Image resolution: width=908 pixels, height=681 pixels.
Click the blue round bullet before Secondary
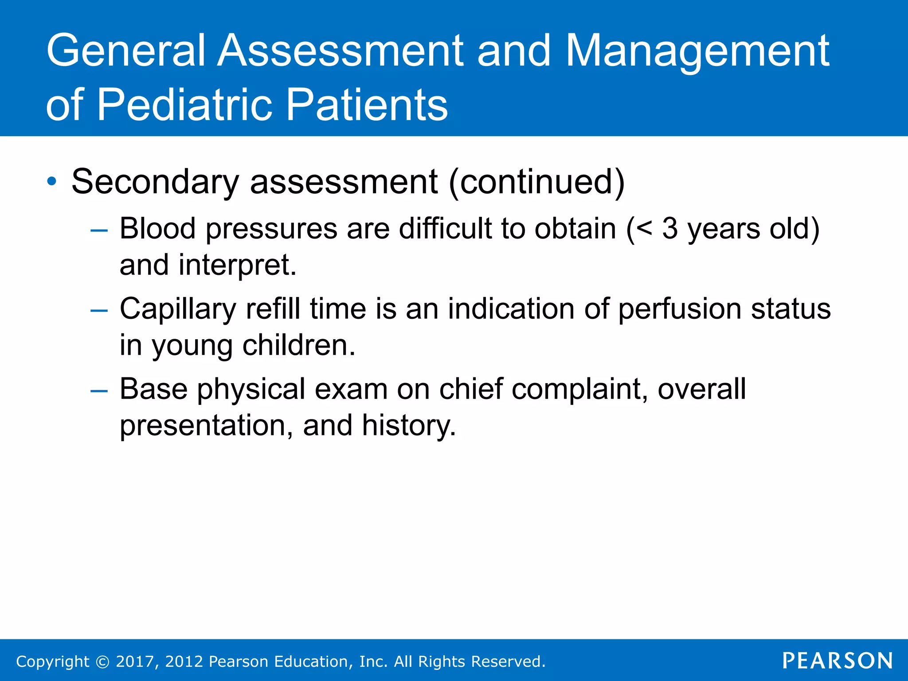pyautogui.click(x=52, y=181)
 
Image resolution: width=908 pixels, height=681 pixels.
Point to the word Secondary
pyautogui.click(x=155, y=182)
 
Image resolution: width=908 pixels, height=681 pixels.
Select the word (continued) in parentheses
pyautogui.click(x=536, y=182)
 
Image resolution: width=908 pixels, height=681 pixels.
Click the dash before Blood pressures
pyautogui.click(x=98, y=230)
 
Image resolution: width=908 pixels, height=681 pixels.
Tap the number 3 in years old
pyautogui.click(x=670, y=229)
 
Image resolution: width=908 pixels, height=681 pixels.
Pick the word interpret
pyautogui.click(x=237, y=266)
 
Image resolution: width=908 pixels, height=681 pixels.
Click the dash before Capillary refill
pyautogui.click(x=98, y=310)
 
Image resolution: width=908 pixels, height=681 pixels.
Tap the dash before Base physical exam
pyautogui.click(x=98, y=391)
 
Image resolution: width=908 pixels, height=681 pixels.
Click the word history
pyautogui.click(x=409, y=426)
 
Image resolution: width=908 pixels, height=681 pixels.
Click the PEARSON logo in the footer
pyautogui.click(x=837, y=661)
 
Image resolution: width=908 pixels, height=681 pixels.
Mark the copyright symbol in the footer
pyautogui.click(x=102, y=662)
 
